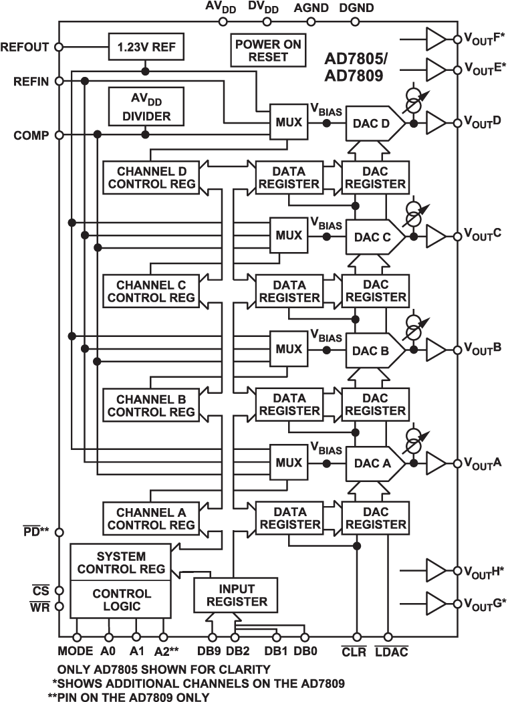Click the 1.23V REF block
(x=146, y=47)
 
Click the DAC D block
(x=373, y=124)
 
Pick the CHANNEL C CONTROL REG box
(x=150, y=291)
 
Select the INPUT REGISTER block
(x=236, y=594)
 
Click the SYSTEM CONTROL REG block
(x=120, y=562)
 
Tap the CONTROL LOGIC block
(x=120, y=600)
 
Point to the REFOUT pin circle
(x=59, y=47)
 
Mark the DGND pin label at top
(x=356, y=8)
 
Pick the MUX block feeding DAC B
(x=289, y=349)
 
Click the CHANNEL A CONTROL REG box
(x=150, y=518)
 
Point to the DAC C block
(x=373, y=236)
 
